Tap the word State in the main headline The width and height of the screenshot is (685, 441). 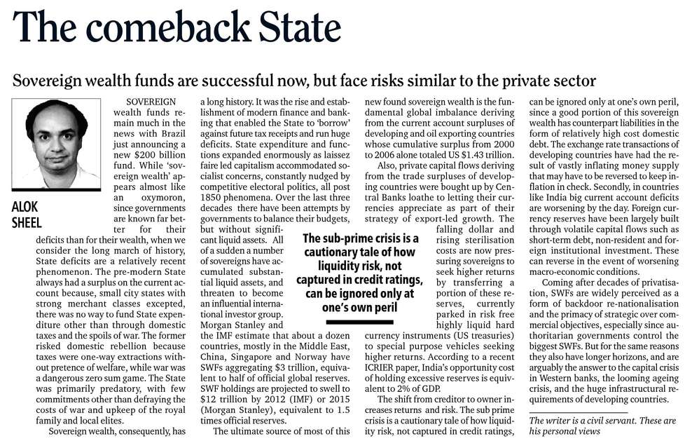point(293,29)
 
